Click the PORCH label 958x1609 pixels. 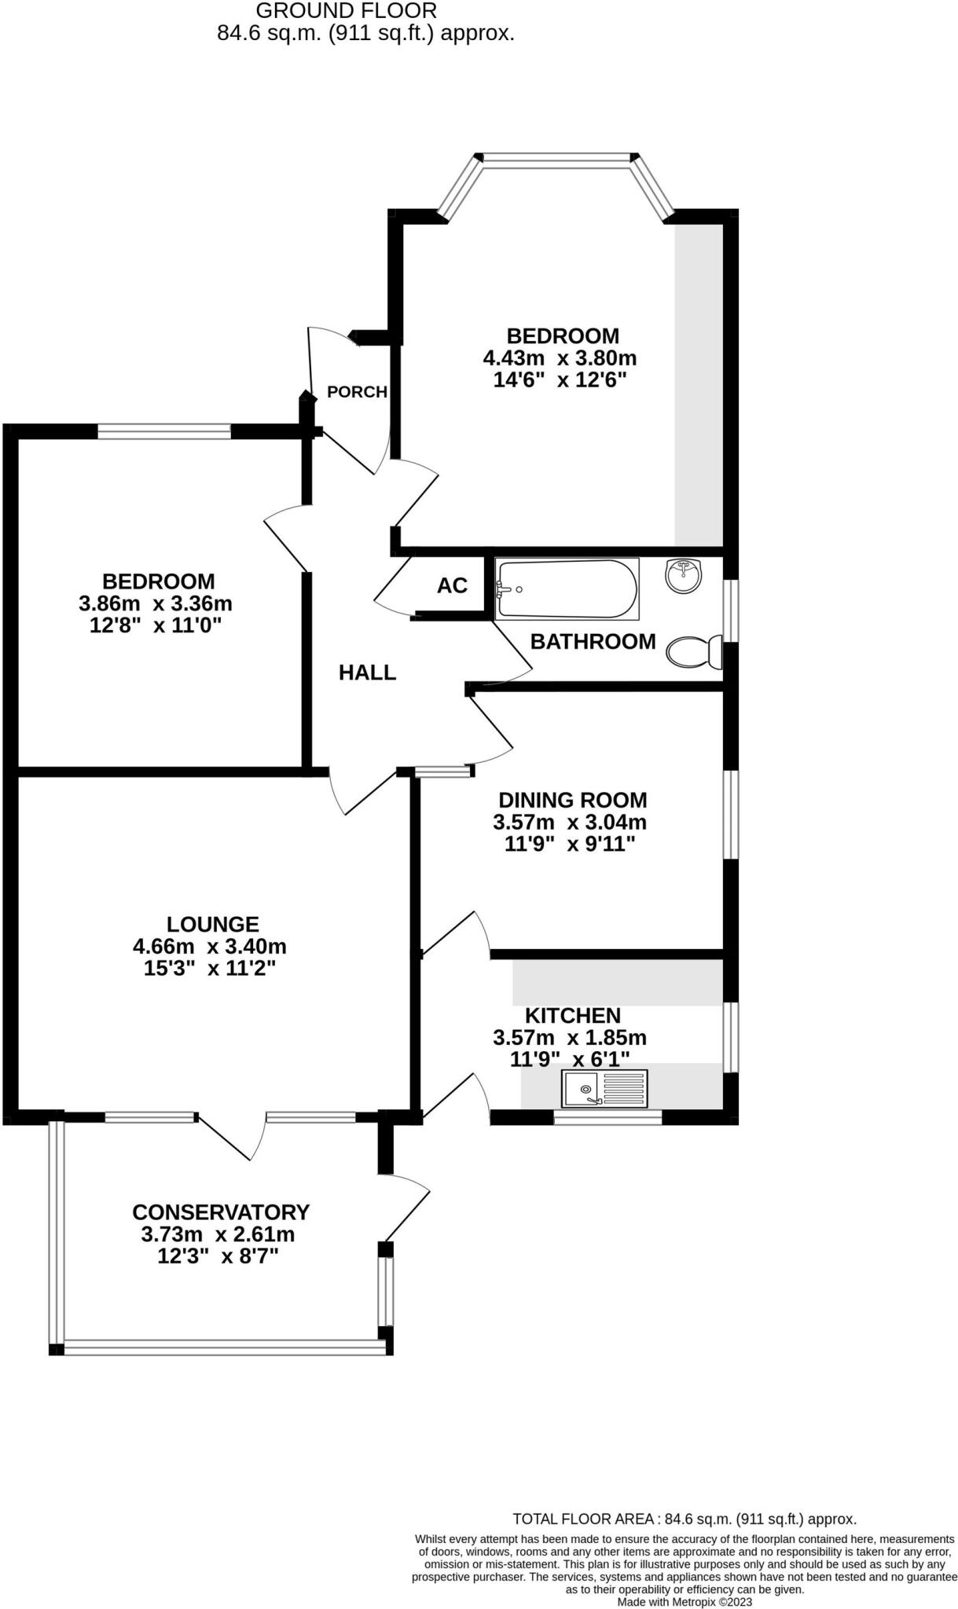pos(357,391)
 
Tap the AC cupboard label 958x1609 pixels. pos(452,585)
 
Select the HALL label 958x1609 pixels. pos(367,673)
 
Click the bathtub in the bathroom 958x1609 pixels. pos(567,589)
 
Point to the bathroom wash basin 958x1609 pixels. pos(683,576)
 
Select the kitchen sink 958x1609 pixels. pos(604,1089)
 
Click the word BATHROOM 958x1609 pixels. pos(593,642)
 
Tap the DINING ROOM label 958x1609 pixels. pos(573,800)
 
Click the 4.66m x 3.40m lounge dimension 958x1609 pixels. pos(209,946)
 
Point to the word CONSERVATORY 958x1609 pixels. pos(221,1212)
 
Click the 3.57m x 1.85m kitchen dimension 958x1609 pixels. pos(570,1038)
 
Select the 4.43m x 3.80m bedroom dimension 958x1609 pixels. pos(560,358)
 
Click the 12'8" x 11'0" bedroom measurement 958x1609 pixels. pos(156,626)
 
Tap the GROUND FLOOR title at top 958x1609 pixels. pos(347,11)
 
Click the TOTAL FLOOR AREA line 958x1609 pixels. pos(684,1519)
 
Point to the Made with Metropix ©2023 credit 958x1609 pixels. pos(685,1601)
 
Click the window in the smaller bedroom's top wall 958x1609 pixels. pos(163,431)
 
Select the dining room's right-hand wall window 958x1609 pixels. pos(731,814)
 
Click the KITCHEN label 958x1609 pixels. pos(573,1015)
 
